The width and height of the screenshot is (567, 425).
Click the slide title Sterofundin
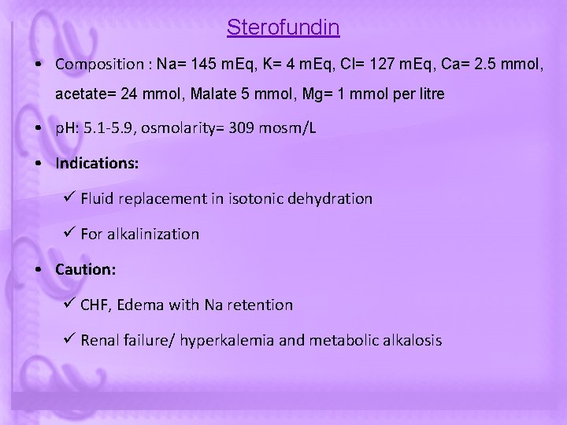click(283, 28)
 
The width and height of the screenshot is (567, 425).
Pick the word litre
click(427, 94)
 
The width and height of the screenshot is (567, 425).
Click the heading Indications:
click(97, 164)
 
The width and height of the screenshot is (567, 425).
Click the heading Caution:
click(85, 270)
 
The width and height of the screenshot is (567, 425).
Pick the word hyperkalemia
click(223, 341)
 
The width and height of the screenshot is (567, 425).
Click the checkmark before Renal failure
click(68, 340)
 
